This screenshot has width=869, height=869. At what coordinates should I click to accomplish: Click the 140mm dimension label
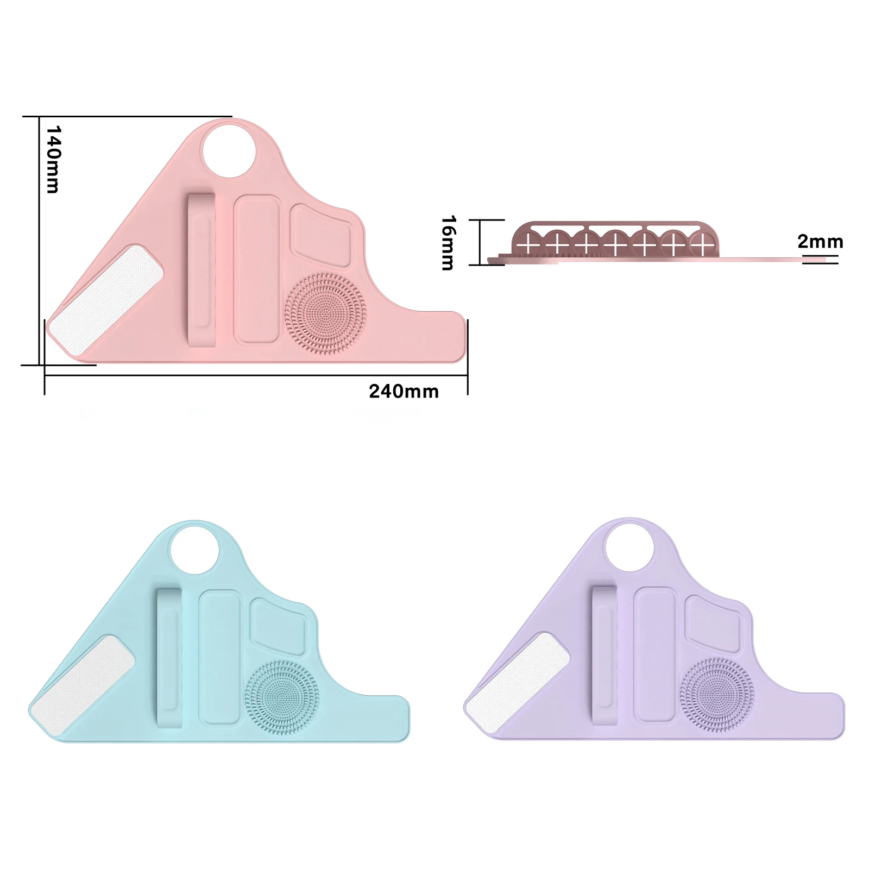53,160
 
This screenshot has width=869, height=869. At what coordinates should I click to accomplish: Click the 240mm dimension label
404,391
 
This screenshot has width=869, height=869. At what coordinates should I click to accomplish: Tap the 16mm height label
449,243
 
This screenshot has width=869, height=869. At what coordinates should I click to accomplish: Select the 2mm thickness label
820,241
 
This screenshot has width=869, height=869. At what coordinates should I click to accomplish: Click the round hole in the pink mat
229,150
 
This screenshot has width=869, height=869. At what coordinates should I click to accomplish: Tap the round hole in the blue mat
194,549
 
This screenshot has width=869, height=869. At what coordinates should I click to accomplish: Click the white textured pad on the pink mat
105,300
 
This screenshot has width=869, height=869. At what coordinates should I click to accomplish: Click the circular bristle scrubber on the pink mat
325,313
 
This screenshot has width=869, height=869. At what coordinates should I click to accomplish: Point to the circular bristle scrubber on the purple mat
717,695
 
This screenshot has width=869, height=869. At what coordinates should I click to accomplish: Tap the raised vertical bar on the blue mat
169,658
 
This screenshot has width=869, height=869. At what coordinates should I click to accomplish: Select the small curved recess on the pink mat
320,235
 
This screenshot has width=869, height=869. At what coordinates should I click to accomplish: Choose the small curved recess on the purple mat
713,623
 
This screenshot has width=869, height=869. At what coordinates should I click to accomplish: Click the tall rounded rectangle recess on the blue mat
219,657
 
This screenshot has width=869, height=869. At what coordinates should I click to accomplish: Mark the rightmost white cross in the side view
704,245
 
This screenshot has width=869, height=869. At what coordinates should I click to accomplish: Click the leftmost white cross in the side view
527,245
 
